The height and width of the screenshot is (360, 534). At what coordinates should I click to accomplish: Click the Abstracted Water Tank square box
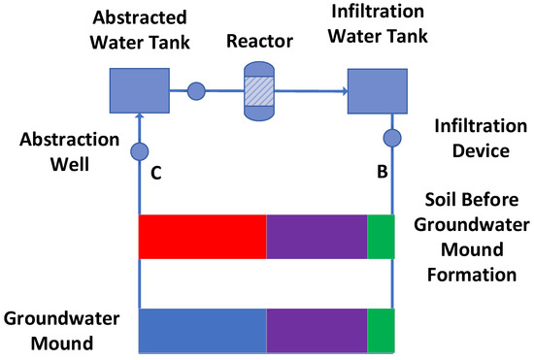click(140, 91)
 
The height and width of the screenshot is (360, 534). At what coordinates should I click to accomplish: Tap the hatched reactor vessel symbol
click(260, 91)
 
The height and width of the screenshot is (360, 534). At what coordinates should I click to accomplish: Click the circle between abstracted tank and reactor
click(195, 92)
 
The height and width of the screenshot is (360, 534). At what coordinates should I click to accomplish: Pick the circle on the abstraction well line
click(140, 152)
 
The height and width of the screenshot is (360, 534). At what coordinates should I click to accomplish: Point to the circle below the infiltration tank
click(392, 138)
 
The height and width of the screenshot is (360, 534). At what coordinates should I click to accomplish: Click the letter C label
click(156, 176)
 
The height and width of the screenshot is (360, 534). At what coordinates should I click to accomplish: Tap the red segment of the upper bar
click(202, 237)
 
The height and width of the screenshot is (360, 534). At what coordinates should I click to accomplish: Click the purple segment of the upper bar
click(317, 237)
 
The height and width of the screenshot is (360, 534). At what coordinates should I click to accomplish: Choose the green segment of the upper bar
click(381, 237)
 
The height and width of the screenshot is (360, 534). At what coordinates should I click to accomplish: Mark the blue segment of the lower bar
click(202, 330)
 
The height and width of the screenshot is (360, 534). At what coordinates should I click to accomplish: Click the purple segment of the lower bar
click(317, 330)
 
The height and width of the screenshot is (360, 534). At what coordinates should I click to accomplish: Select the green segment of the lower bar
click(381, 330)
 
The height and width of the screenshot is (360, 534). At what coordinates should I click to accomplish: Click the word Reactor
click(259, 45)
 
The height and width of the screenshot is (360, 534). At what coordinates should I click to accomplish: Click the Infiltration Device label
click(465, 138)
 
